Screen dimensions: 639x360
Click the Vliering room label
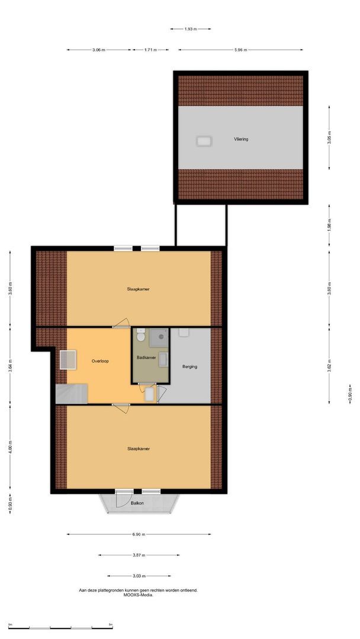coord(240,140)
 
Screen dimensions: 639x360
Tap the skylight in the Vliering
coord(204,141)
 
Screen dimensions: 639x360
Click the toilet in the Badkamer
coord(140,335)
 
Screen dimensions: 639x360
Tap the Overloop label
coord(100,360)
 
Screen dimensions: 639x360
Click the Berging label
coord(189,367)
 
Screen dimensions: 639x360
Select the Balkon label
coord(137,503)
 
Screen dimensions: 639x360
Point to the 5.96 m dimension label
coord(241,50)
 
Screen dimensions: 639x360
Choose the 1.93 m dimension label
coord(190,28)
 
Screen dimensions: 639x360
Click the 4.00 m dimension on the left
coord(10,448)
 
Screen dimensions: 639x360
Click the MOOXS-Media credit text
coord(138,595)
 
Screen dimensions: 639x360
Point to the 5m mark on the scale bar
coord(111,624)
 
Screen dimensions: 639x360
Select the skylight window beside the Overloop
coord(67,359)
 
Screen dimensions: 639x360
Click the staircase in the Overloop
coord(71,393)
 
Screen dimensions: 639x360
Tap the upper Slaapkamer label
coord(138,289)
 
